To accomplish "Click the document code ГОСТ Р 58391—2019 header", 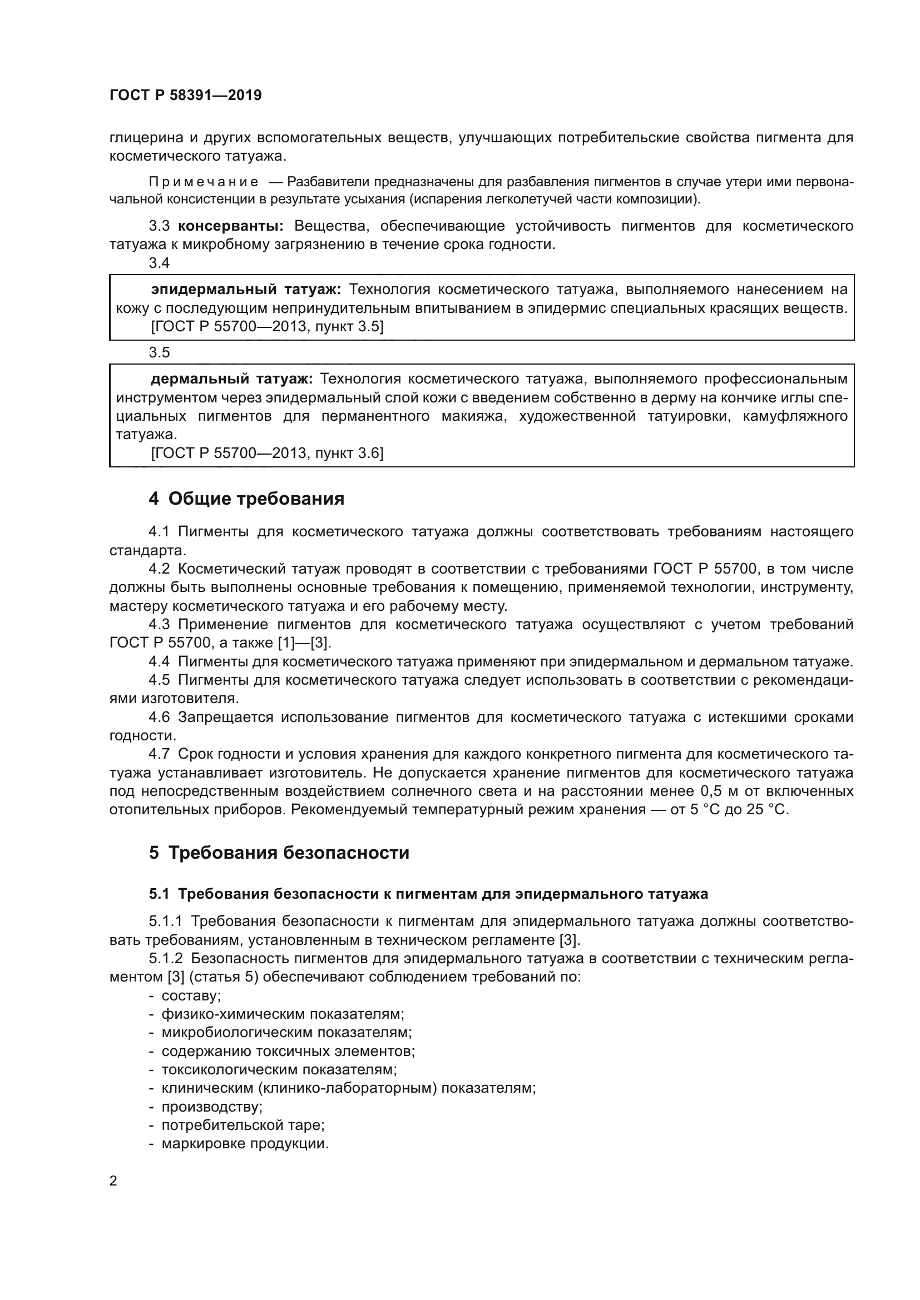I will pyautogui.click(x=185, y=95).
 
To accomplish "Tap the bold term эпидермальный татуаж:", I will pyautogui.click(x=246, y=290).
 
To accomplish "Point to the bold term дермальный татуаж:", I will pyautogui.click(x=232, y=379).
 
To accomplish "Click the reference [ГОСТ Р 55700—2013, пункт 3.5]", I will pyautogui.click(x=267, y=327).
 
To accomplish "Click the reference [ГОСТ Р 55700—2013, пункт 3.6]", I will pyautogui.click(x=267, y=453).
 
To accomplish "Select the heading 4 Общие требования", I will pyautogui.click(x=246, y=499).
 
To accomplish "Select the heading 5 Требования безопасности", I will pyautogui.click(x=279, y=853).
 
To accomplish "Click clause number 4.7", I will pyautogui.click(x=159, y=754).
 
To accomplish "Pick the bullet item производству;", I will pyautogui.click(x=212, y=1107).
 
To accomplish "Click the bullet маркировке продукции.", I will pyautogui.click(x=245, y=1144).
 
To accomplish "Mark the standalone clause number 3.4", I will pyautogui.click(x=159, y=263).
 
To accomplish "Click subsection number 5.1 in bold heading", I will pyautogui.click(x=159, y=894).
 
